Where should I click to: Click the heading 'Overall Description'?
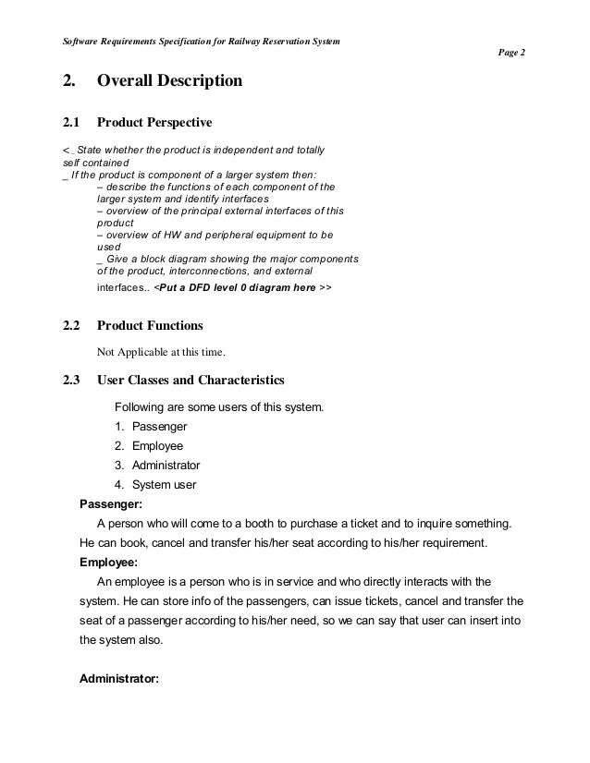pyautogui.click(x=169, y=82)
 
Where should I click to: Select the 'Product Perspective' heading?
pyautogui.click(x=154, y=122)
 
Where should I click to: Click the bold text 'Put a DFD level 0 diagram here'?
pyautogui.click(x=236, y=288)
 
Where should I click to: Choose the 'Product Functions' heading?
pyautogui.click(x=150, y=325)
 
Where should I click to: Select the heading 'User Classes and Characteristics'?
pyautogui.click(x=191, y=380)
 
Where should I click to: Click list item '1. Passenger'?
pyautogui.click(x=151, y=426)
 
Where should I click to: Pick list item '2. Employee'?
pyautogui.click(x=149, y=445)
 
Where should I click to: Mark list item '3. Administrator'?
pyautogui.click(x=157, y=465)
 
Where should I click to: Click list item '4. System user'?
pyautogui.click(x=155, y=484)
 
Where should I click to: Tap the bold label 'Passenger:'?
pyautogui.click(x=110, y=504)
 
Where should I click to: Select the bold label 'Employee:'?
pyautogui.click(x=109, y=562)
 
